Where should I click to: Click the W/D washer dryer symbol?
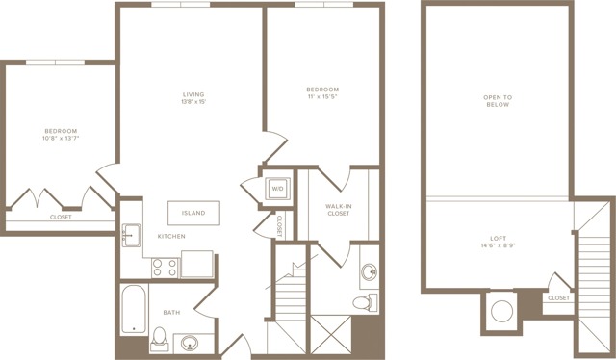277,189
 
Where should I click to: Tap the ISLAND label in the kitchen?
193,213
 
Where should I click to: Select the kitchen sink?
131,236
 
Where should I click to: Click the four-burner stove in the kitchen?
165,268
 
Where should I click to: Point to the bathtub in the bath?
134,309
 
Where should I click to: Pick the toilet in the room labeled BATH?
160,339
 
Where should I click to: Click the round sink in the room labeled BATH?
190,343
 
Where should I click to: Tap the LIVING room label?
193,94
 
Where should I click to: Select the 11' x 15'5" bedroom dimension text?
322,96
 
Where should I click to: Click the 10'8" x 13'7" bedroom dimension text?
61,138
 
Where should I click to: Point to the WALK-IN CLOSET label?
338,210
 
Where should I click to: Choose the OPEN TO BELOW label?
498,101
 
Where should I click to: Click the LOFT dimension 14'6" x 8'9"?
499,245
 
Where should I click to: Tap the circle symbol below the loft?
501,311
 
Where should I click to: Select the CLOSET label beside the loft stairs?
558,297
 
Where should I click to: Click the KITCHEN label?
171,236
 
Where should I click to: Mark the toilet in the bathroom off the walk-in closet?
365,302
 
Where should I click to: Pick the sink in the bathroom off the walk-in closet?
370,272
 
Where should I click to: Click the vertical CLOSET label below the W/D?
280,225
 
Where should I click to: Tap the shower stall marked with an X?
331,334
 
